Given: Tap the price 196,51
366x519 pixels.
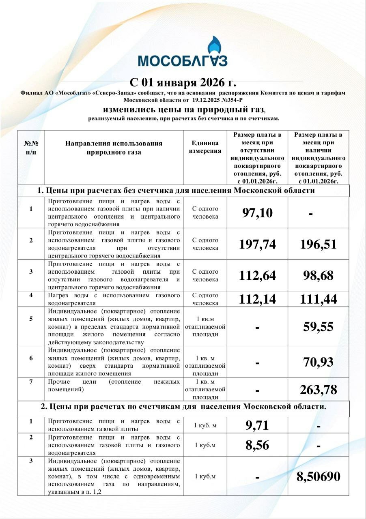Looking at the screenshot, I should (319, 244).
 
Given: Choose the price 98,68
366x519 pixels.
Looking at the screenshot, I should (319, 276).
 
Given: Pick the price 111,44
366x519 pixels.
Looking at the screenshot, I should (319, 299).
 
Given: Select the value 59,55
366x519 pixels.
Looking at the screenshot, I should (319, 327).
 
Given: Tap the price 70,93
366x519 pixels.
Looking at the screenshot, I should (319, 362).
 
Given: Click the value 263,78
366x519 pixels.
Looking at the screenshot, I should (319, 390).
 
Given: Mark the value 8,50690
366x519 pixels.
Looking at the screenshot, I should (319, 476).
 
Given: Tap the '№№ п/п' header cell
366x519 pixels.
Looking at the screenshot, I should (31, 148).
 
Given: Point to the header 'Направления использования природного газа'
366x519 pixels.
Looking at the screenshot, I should (114, 148).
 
